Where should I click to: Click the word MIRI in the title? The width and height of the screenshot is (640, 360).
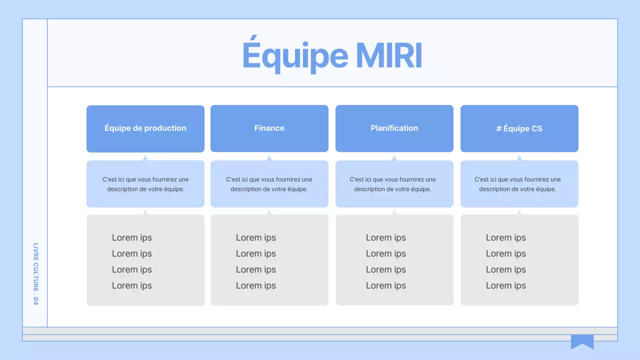pos(389,55)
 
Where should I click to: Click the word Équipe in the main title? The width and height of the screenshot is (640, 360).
pos(295,55)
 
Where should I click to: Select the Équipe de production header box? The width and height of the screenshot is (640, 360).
pos(145,128)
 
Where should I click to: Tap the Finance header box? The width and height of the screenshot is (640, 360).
pos(269,128)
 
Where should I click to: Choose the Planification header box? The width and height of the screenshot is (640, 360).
pos(394,128)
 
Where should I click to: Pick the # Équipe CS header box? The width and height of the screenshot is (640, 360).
pos(519,128)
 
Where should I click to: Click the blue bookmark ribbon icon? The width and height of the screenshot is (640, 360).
pos(582,341)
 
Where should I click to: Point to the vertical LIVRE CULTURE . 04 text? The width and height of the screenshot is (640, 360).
pos(35,274)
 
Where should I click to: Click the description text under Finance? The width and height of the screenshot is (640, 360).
pos(269,184)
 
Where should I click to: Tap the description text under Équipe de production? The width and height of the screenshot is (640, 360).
pos(145,184)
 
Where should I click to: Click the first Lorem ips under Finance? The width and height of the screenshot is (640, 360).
pos(256,237)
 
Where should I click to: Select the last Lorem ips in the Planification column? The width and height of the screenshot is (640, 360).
pos(386,285)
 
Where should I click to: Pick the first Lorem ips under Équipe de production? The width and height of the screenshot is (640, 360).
pos(132,237)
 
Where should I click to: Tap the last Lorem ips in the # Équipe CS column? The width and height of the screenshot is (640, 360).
pos(506,285)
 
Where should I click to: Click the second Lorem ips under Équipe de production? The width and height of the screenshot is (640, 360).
pos(132,253)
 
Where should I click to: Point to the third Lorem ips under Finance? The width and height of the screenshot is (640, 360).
pos(256,269)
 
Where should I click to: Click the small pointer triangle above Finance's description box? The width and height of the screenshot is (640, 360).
pos(269,158)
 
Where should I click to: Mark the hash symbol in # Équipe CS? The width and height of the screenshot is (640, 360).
pos(499,128)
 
